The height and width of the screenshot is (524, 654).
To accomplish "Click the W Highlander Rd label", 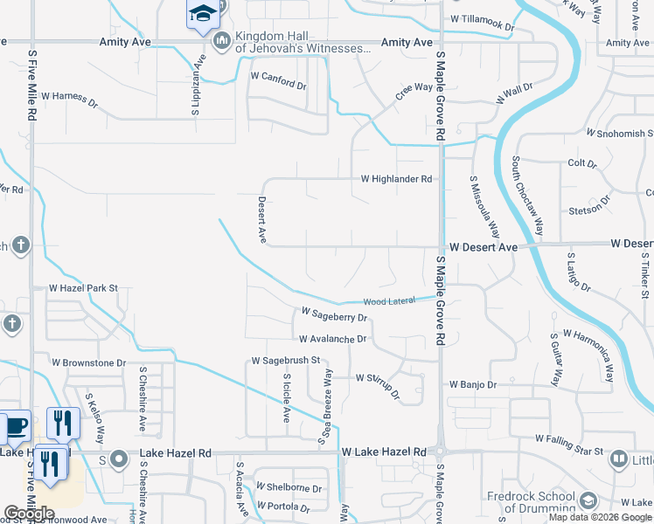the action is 397,179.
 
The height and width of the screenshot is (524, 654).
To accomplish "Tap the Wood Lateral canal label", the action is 389,301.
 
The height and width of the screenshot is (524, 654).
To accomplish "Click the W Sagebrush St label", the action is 287,360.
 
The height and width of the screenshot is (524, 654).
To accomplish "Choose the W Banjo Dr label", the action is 473,384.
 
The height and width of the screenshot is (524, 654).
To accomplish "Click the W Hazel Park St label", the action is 83,287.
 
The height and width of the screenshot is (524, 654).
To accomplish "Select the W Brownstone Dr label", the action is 88,362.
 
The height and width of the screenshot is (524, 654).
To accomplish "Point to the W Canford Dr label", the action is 278,77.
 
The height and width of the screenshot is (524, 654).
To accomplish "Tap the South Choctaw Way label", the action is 527,197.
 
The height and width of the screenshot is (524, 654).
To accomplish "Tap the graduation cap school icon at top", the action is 202,15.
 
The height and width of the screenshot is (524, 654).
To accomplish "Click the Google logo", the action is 30,514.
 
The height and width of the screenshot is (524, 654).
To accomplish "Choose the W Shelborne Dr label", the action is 289,488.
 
